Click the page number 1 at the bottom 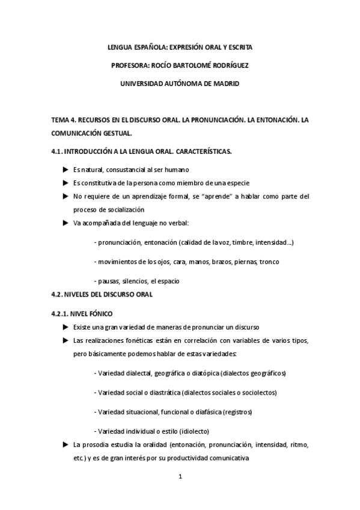pyautogui.click(x=180, y=477)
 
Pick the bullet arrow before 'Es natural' pyautogui.click(x=66, y=170)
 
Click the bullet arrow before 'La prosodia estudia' pyautogui.click(x=66, y=444)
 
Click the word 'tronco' pyautogui.click(x=269, y=262)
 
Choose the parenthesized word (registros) pyautogui.click(x=237, y=412)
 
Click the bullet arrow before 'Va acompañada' pyautogui.click(x=66, y=223)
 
